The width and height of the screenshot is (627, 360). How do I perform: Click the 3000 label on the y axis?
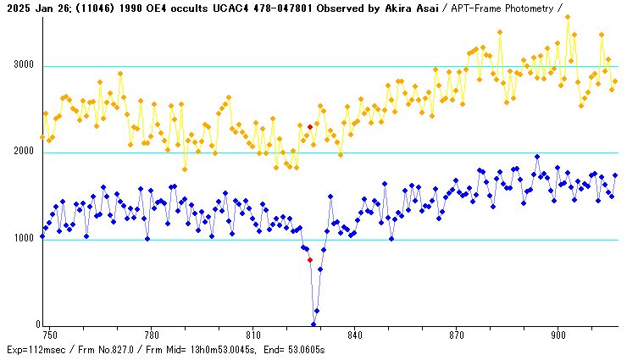point(23,65)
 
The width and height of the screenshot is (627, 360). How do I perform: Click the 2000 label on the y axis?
point(23,152)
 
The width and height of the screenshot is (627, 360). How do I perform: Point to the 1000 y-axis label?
point(23,239)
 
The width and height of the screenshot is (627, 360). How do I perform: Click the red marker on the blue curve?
point(310,260)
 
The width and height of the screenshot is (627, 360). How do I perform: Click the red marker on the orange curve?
point(310,127)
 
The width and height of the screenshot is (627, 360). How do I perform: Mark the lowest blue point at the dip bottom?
point(313,324)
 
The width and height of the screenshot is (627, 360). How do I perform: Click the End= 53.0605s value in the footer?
point(295,349)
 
